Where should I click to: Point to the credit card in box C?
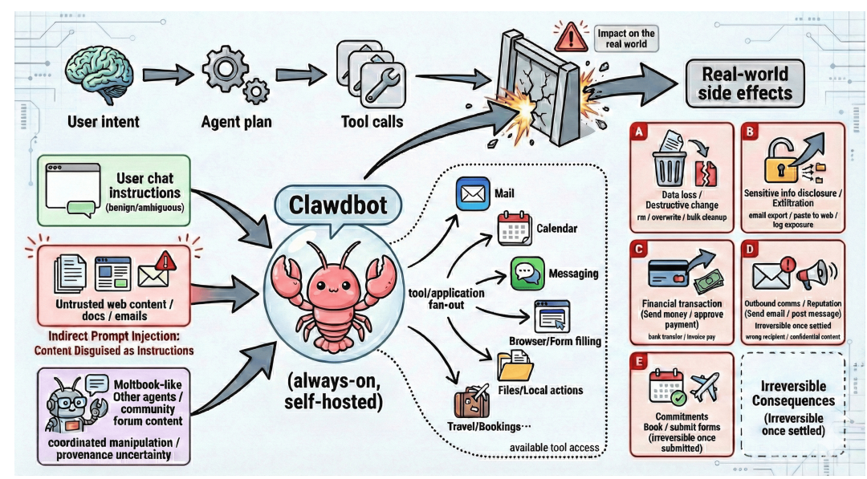pos(666,271)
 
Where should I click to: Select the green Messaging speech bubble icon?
pos(523,273)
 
